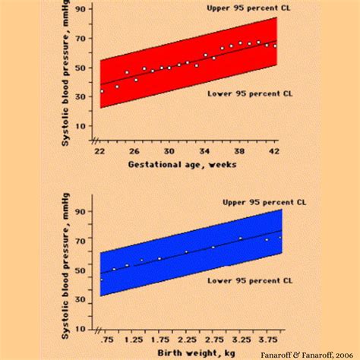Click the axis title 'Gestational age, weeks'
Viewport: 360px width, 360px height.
(x=182, y=164)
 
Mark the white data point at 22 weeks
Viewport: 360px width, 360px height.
(x=102, y=91)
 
